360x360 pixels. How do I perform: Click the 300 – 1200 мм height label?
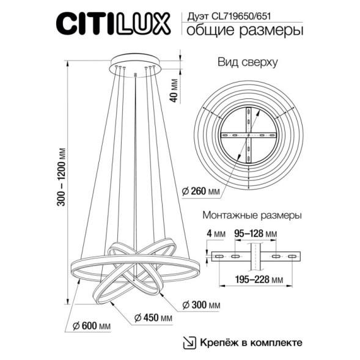(61, 177)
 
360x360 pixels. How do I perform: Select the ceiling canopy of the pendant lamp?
(135, 65)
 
